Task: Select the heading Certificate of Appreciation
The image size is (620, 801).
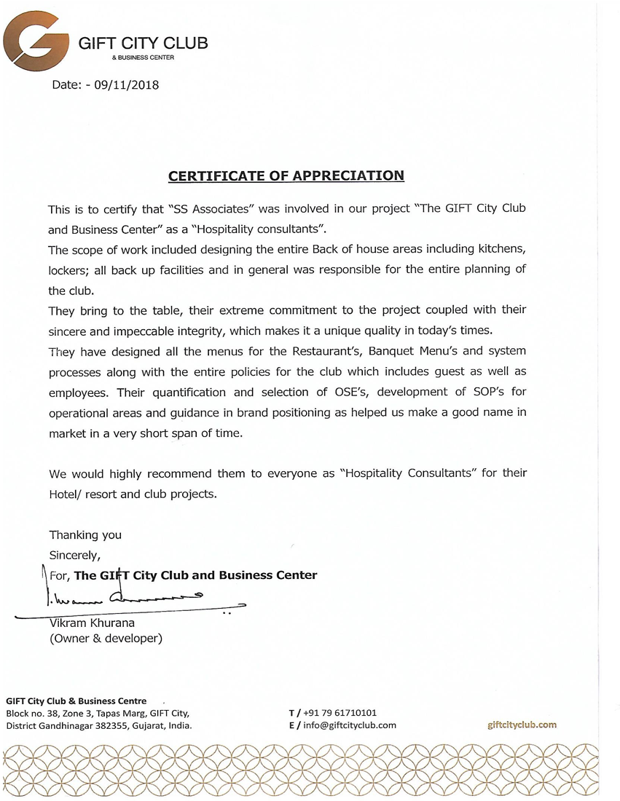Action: (x=286, y=175)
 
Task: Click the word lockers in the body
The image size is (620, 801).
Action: (x=69, y=270)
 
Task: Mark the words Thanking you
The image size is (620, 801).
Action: (x=85, y=534)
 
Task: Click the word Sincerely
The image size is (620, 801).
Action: (x=74, y=555)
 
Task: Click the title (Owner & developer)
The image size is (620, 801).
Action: (x=106, y=639)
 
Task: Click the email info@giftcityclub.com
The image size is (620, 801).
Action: (x=349, y=725)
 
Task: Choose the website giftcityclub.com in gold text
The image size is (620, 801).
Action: (x=522, y=725)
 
